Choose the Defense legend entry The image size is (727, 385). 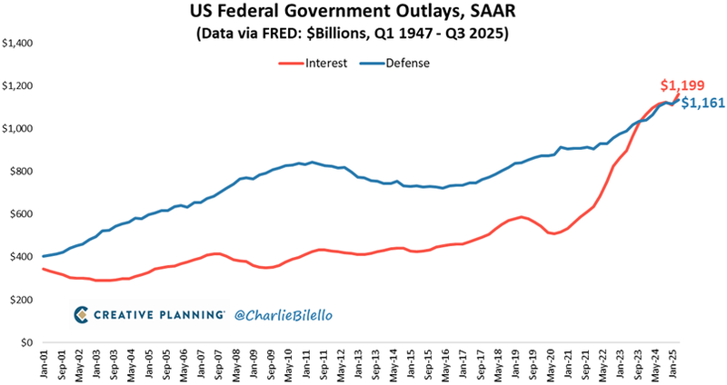click(x=407, y=64)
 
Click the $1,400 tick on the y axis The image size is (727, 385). click(x=17, y=44)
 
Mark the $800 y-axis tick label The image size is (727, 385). click(x=20, y=172)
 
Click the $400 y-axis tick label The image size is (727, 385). click(x=20, y=258)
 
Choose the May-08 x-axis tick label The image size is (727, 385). click(x=238, y=363)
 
